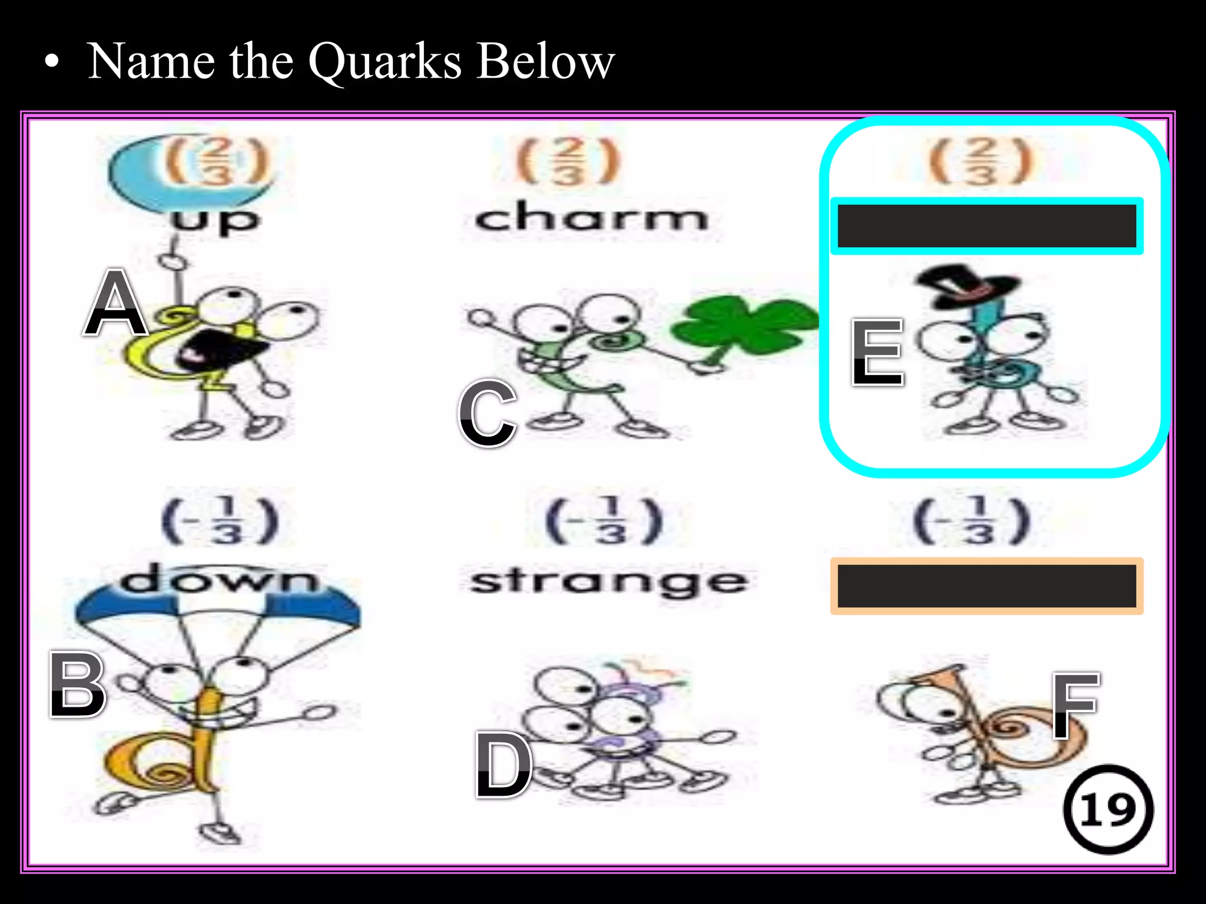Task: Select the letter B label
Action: click(x=77, y=685)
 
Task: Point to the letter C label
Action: click(x=488, y=413)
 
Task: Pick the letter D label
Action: click(x=503, y=765)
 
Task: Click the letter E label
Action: click(x=877, y=353)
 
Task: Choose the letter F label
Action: click(x=1075, y=705)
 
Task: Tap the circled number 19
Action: click(x=1108, y=810)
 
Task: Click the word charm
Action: click(x=591, y=218)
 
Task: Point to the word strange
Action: click(x=609, y=581)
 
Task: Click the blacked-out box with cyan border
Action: click(x=986, y=226)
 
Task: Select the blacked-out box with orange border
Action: click(x=986, y=586)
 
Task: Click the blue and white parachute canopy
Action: click(x=218, y=609)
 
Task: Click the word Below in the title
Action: click(x=545, y=62)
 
